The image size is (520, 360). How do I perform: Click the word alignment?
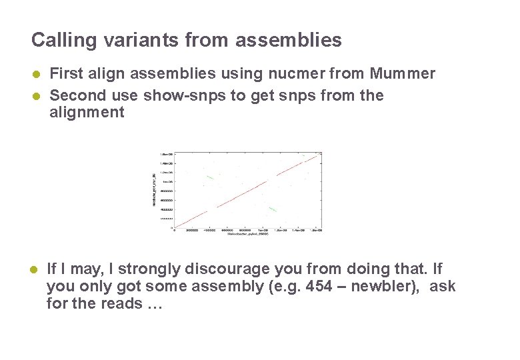click(87, 112)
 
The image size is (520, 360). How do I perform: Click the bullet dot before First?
click(37, 73)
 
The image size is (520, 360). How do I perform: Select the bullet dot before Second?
click(37, 95)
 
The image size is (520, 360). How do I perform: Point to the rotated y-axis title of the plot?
click(155, 189)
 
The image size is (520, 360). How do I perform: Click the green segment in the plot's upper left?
click(209, 177)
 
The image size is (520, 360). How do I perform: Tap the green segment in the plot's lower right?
click(272, 210)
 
